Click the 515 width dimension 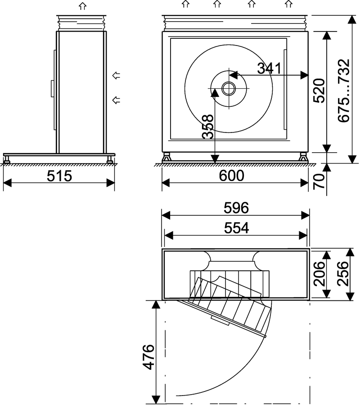(x=59, y=176)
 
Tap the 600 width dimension (x=231, y=176)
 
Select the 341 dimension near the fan (x=269, y=68)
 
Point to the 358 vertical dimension (x=208, y=127)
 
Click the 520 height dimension (x=319, y=91)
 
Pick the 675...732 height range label (x=344, y=91)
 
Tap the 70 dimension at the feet (x=319, y=181)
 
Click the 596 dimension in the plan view (x=236, y=208)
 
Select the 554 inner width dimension (x=236, y=228)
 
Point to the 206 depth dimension (x=319, y=273)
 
